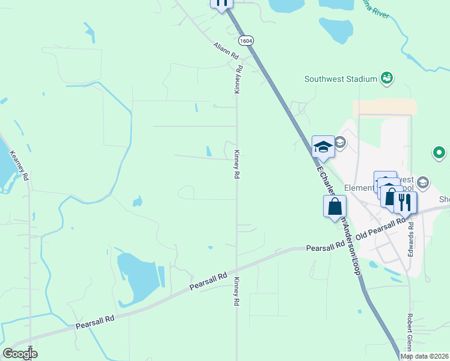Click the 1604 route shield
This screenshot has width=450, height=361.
[x=245, y=40]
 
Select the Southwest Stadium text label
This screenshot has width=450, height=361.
[x=341, y=79]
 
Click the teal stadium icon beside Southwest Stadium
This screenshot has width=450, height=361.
[x=387, y=78]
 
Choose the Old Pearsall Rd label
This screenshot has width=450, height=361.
[x=381, y=229]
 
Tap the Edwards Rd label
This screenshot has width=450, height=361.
[x=411, y=239]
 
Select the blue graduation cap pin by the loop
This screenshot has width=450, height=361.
[x=323, y=147]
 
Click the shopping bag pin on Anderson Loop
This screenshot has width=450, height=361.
[x=335, y=206]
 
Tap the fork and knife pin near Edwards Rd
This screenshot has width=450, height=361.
[x=404, y=201]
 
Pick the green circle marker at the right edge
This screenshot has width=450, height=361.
[x=439, y=153]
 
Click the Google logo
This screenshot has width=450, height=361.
[x=20, y=354]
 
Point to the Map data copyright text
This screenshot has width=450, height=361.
[x=425, y=356]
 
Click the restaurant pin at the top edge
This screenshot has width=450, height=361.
[x=221, y=3]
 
